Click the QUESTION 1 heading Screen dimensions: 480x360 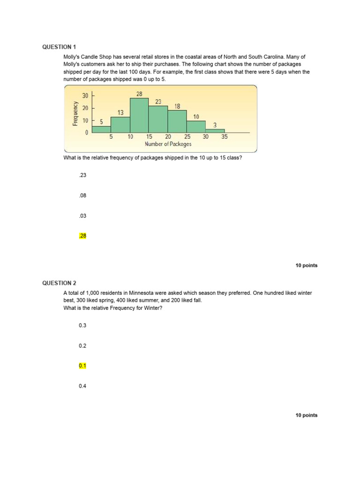(x=59, y=47)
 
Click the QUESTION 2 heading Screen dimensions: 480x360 (x=59, y=283)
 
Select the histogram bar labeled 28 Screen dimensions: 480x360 (x=139, y=115)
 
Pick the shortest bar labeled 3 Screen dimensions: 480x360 (x=215, y=131)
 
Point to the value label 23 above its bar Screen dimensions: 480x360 (x=158, y=101)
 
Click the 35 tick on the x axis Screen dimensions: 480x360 (x=224, y=137)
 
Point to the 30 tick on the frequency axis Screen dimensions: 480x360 (x=85, y=96)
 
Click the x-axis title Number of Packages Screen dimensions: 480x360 (x=168, y=144)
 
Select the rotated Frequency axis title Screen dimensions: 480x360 (x=75, y=114)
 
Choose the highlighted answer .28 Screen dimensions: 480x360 (x=82, y=236)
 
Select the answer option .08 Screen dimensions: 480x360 (x=82, y=195)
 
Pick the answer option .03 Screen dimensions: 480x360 (x=82, y=216)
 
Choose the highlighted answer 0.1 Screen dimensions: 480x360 (x=82, y=366)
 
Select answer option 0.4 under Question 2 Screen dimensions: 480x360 (x=82, y=386)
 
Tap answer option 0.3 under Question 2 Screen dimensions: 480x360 (x=82, y=325)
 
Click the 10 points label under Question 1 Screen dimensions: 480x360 (x=306, y=265)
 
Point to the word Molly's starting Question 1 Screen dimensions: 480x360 (x=71, y=57)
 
